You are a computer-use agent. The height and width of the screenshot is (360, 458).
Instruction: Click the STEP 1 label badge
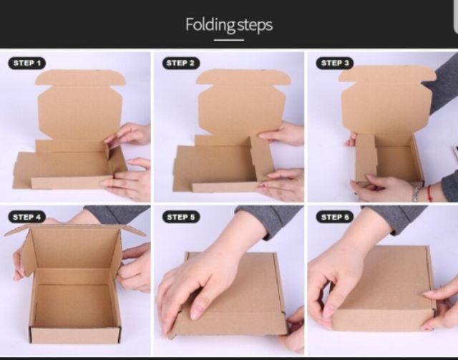(27, 63)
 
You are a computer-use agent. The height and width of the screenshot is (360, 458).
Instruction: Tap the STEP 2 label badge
(181, 63)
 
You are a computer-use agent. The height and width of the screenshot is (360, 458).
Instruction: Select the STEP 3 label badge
(335, 63)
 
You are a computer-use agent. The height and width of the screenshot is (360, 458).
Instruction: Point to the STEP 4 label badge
(27, 217)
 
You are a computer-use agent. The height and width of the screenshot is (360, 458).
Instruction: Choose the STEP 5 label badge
(181, 217)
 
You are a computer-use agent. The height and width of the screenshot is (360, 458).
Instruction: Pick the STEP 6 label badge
(335, 217)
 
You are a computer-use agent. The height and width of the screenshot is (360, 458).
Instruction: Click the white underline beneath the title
(229, 40)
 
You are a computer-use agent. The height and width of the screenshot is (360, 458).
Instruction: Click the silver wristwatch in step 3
(416, 193)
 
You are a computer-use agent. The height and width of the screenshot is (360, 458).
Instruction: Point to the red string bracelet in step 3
(429, 193)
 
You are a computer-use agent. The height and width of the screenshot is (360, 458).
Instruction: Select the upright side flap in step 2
(262, 157)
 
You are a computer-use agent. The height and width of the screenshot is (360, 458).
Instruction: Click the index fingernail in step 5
(196, 313)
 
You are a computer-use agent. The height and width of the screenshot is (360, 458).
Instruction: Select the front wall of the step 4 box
(75, 335)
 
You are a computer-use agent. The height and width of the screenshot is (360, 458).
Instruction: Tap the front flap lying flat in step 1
(72, 183)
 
